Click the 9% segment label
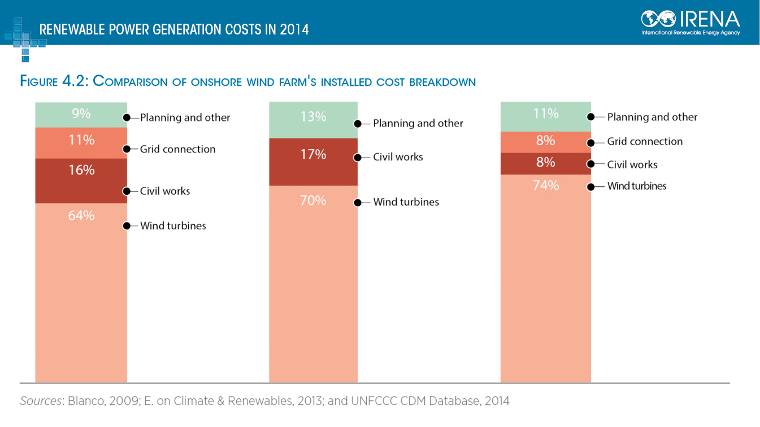[x=81, y=114]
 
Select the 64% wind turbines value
[x=81, y=215]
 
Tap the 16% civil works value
[x=81, y=170]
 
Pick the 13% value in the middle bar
[x=314, y=117]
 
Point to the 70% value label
[x=314, y=200]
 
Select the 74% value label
[x=546, y=185]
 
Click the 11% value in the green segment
[x=546, y=114]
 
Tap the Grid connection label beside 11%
[x=178, y=149]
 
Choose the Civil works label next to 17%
[x=398, y=157]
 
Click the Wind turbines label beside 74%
[x=637, y=186]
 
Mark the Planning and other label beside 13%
[x=418, y=123]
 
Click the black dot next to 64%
[x=127, y=226]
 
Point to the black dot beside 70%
[x=357, y=202]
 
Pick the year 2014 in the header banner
[x=294, y=29]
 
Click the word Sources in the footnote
[x=41, y=401]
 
